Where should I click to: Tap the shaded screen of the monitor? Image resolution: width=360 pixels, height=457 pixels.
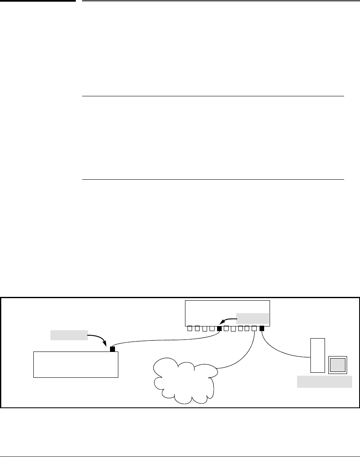pos(337,364)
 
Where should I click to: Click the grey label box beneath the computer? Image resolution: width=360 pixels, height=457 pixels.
pos(324,382)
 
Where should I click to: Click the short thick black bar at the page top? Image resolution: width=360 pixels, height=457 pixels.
pos(38,1)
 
